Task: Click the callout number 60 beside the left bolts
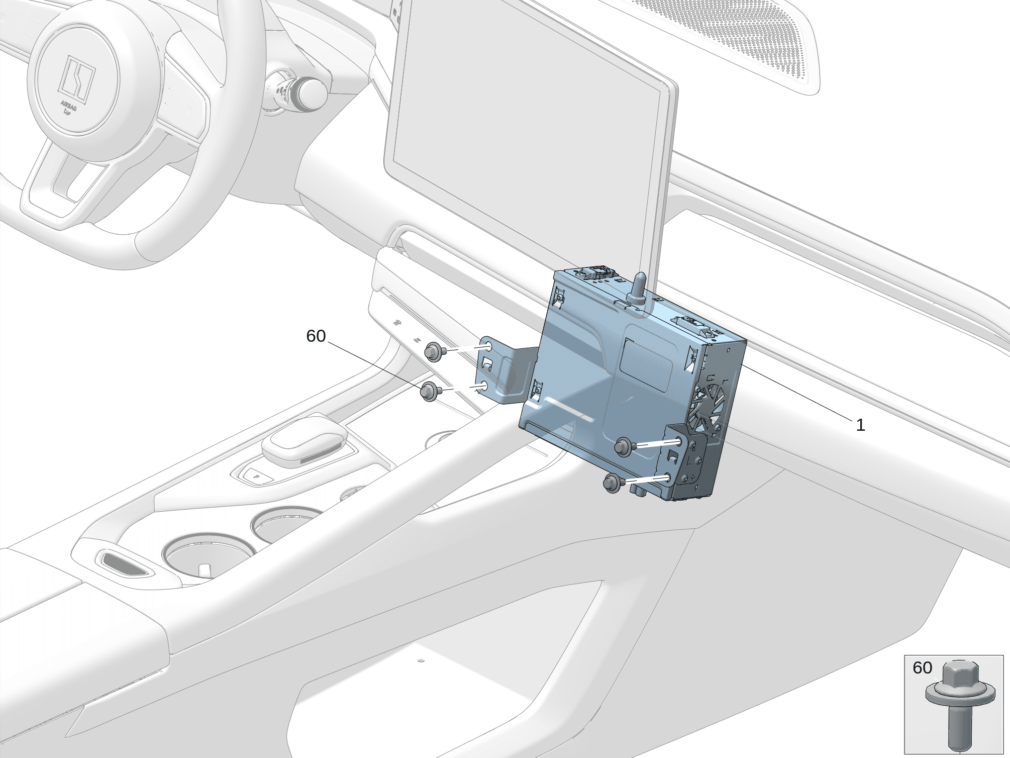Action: tap(316, 336)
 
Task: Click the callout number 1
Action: tap(860, 426)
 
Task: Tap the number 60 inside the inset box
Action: tap(922, 668)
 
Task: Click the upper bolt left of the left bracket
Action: tap(433, 352)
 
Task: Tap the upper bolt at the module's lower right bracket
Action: tap(625, 446)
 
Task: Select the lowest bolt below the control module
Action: tap(613, 483)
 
